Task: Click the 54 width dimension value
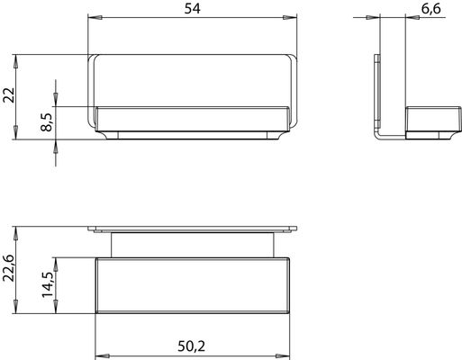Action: click(192, 8)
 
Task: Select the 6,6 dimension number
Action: click(431, 8)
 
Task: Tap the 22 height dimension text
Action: click(9, 95)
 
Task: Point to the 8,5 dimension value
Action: click(47, 122)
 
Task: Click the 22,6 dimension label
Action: click(9, 268)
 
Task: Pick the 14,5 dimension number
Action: click(48, 284)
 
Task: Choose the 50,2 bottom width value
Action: click(192, 346)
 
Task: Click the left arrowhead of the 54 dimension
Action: click(95, 18)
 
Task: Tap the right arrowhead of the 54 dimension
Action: click(290, 18)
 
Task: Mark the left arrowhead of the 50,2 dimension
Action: click(103, 355)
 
